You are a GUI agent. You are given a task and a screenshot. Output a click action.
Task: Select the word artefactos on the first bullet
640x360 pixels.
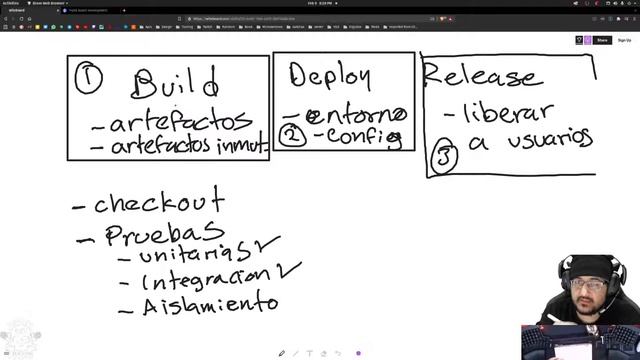pyautogui.click(x=181, y=122)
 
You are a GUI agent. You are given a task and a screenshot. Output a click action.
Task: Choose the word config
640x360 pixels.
pyautogui.click(x=361, y=136)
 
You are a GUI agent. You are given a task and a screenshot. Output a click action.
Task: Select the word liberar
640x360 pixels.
pyautogui.click(x=511, y=111)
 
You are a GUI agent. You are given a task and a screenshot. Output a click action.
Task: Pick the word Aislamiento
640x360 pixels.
pyautogui.click(x=209, y=303)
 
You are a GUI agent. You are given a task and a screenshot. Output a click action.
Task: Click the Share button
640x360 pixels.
pyautogui.click(x=602, y=40)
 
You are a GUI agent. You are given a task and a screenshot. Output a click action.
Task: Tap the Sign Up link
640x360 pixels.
pyautogui.click(x=624, y=40)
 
